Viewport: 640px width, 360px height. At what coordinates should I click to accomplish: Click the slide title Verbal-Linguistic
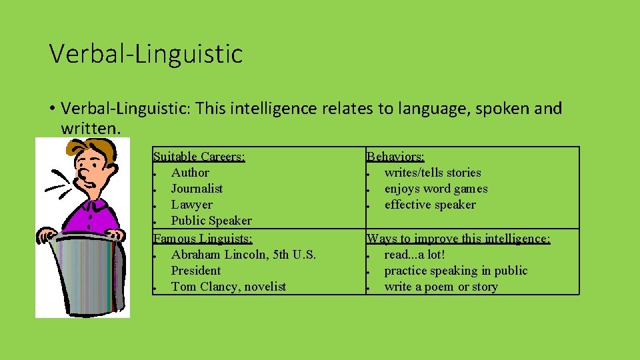[146, 53]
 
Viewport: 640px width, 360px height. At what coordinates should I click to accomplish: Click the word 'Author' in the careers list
[190, 173]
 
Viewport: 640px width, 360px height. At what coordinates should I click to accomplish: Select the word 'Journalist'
[197, 189]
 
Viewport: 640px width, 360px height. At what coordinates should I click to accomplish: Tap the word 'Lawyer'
[192, 205]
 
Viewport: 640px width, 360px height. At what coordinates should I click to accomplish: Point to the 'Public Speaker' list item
[211, 221]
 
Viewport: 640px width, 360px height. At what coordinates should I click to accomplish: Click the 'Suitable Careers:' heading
[199, 157]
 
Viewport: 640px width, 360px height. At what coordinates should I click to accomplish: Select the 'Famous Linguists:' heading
[202, 237]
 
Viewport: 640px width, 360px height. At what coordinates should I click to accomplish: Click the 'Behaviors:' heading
[395, 157]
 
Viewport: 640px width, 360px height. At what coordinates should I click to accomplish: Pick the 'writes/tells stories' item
[433, 173]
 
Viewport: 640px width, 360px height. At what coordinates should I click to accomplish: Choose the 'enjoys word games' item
[436, 189]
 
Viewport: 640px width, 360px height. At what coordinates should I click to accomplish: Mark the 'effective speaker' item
[430, 205]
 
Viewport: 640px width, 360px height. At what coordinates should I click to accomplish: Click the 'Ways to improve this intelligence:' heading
[459, 238]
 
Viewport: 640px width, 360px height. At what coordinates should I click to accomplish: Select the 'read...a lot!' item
[415, 255]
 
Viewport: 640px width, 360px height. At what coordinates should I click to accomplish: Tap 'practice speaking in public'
[456, 271]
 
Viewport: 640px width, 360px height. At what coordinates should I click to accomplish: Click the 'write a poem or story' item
[441, 287]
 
